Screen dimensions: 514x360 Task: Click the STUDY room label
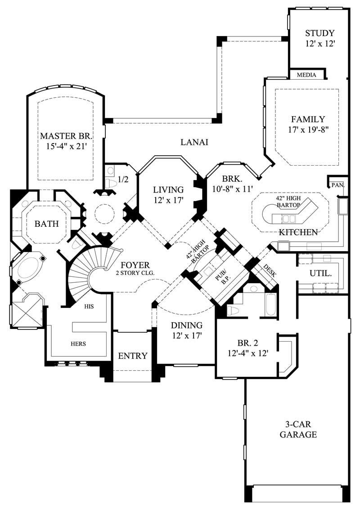click(319, 33)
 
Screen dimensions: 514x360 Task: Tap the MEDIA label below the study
click(306, 75)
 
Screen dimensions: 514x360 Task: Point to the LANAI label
click(194, 142)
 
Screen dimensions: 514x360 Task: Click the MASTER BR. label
click(66, 135)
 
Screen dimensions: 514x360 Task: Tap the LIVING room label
click(167, 189)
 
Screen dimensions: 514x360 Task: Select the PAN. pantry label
click(337, 185)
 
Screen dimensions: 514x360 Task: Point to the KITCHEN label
click(298, 232)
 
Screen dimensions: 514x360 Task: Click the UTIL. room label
click(320, 273)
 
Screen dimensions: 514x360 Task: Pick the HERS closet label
click(78, 343)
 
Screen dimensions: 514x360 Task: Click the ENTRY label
click(133, 356)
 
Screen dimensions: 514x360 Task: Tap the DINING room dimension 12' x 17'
click(186, 335)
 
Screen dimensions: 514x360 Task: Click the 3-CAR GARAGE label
click(298, 429)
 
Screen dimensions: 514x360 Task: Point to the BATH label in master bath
click(47, 223)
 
